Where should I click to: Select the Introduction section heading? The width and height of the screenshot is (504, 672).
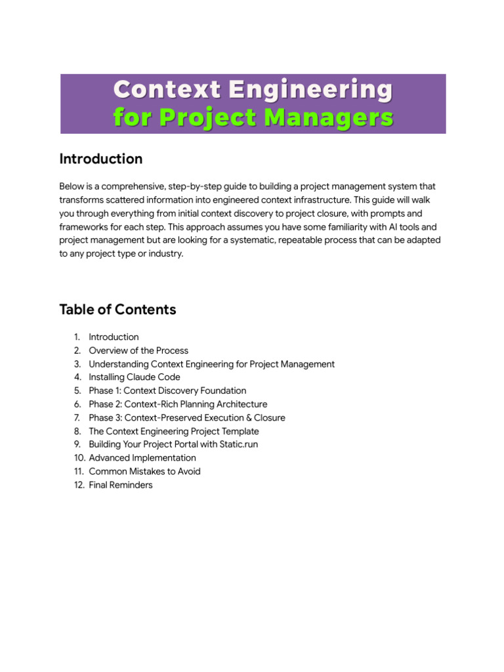click(x=100, y=159)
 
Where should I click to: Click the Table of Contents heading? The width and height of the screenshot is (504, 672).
click(x=117, y=309)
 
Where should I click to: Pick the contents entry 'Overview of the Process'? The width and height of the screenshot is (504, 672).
click(x=138, y=350)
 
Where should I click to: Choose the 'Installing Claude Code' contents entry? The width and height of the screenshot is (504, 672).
click(x=135, y=377)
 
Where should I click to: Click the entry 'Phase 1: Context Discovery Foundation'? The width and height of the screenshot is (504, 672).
click(x=167, y=390)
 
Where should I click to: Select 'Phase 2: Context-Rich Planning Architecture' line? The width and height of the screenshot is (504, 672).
click(x=178, y=404)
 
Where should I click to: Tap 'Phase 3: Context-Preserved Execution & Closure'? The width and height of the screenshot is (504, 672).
click(x=187, y=417)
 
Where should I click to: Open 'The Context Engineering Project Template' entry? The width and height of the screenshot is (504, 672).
click(x=174, y=431)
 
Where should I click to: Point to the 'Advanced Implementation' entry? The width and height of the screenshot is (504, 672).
click(x=142, y=458)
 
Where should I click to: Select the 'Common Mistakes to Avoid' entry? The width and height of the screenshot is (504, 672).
click(x=145, y=471)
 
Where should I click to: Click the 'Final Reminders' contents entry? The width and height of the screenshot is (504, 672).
click(x=121, y=485)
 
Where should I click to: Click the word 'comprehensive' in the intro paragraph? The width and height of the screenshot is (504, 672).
click(x=127, y=186)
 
